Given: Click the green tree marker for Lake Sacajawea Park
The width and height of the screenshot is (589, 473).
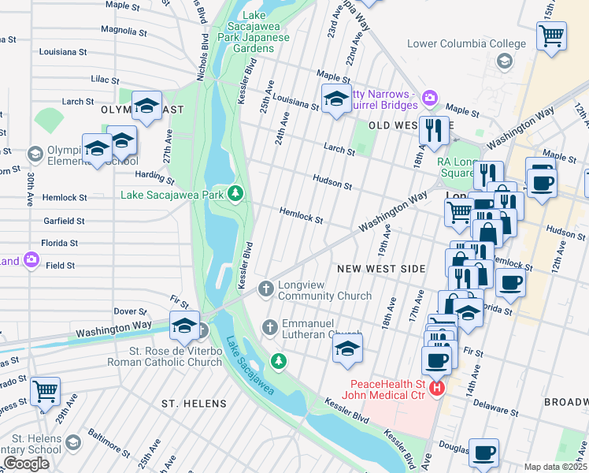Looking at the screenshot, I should click(x=235, y=193).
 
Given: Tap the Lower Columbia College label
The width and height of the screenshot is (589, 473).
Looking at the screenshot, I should click(x=466, y=43).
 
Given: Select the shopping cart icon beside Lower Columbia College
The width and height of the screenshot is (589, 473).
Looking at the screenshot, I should click(x=551, y=35).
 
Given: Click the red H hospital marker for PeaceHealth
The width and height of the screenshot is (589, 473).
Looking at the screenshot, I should click(x=437, y=389).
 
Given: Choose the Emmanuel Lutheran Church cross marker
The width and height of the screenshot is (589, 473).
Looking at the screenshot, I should click(x=270, y=326).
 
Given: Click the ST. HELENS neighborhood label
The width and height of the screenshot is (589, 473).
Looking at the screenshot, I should click(x=194, y=404).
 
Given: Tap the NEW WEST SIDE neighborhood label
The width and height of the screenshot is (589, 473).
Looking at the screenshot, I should click(x=381, y=269).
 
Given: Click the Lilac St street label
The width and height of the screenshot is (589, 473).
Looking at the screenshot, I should click(x=105, y=80).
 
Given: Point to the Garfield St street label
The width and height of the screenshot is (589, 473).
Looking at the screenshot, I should click(x=65, y=222).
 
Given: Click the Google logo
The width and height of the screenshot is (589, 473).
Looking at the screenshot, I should click(x=26, y=464).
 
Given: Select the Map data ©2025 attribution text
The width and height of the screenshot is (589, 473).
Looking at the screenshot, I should click(x=554, y=467).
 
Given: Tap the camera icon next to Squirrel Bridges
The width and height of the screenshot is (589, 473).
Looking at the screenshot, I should click(x=429, y=98).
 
